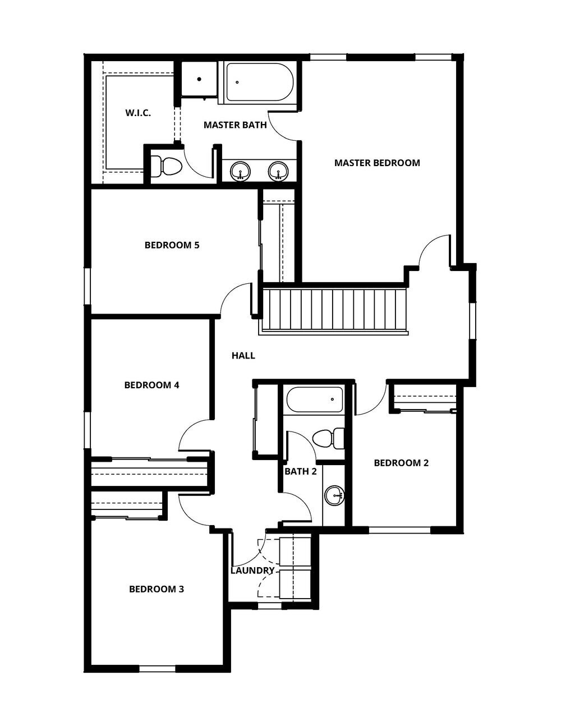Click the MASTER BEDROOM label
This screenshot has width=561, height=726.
pos(377,163)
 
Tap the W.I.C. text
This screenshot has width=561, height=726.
pos(138,113)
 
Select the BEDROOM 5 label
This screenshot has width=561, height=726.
pos(172,245)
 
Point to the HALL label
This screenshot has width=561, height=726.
pos(243,356)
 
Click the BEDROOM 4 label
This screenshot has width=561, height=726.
pos(151,385)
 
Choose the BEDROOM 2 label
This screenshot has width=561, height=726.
pos(401,463)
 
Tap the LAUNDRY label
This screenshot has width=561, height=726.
pos(252,571)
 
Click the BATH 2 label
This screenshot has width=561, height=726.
pos(300,471)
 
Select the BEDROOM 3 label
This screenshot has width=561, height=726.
pos(157,589)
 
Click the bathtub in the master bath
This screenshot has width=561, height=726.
pos(259,82)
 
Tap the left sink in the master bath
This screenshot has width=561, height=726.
pos(241,171)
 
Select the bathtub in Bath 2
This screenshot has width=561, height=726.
pos(314,400)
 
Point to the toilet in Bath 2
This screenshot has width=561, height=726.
pos(328,438)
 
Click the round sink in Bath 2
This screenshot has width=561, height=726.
pos(335,495)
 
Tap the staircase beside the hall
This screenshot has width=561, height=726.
pos(334,310)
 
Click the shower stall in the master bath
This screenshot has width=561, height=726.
pos(199,79)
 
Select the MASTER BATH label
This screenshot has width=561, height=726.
pos(235,125)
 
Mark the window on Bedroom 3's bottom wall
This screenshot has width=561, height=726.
pos(157,668)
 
